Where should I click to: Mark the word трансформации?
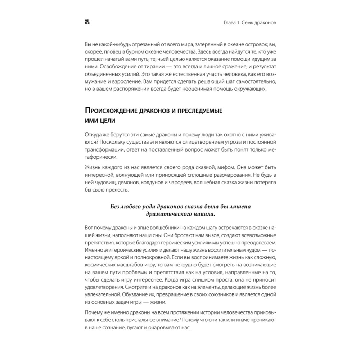pyautogui.click(x=104, y=150)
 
